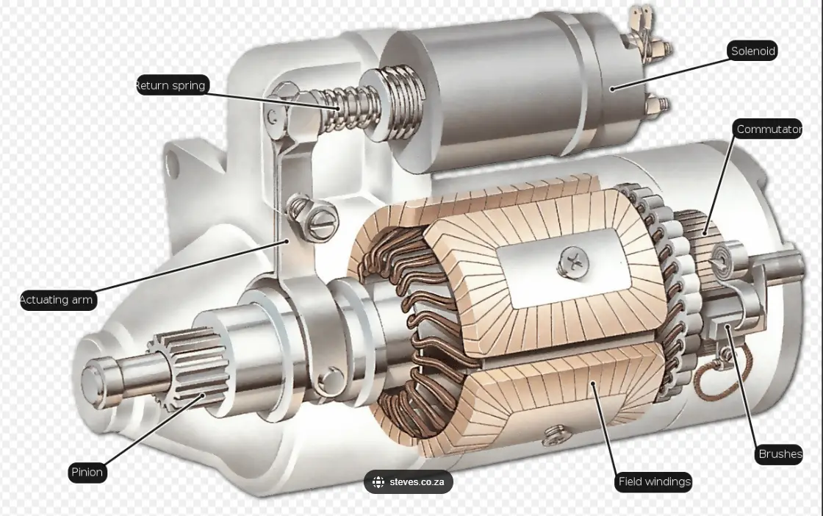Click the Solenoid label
(752, 51)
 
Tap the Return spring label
(171, 85)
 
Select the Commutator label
(769, 129)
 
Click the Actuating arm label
(57, 300)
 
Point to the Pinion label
(87, 472)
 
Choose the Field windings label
(654, 481)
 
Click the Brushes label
(780, 454)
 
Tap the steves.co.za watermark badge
(409, 482)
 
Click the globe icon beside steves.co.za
(378, 482)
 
